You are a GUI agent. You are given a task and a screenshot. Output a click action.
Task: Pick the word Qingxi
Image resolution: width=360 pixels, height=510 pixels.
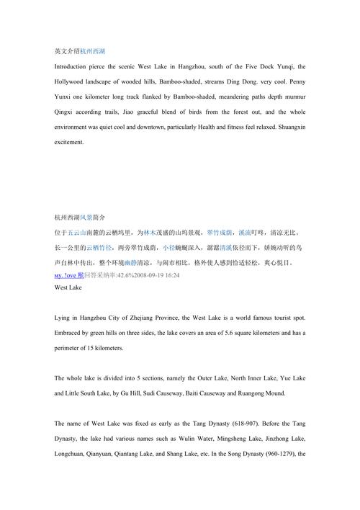(66, 112)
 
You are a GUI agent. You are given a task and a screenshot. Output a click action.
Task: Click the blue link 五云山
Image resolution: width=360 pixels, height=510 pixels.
(77, 233)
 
